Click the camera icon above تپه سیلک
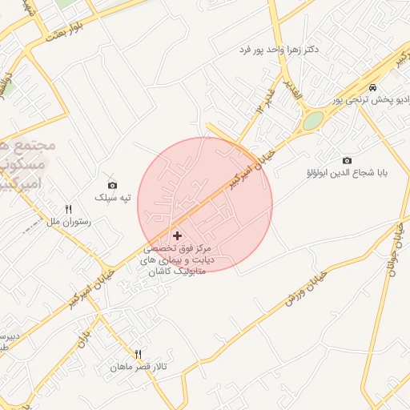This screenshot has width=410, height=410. click(x=112, y=185)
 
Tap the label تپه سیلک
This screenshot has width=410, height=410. click(x=111, y=197)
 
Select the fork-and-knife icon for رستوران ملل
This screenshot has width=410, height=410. click(x=68, y=209)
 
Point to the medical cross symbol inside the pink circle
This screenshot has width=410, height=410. click(x=177, y=235)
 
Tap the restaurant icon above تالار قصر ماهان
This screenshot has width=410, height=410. click(x=138, y=354)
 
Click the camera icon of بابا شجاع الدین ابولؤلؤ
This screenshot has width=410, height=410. click(x=346, y=160)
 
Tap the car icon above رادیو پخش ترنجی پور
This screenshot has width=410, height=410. click(x=373, y=86)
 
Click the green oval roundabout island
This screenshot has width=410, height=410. click(x=313, y=121)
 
